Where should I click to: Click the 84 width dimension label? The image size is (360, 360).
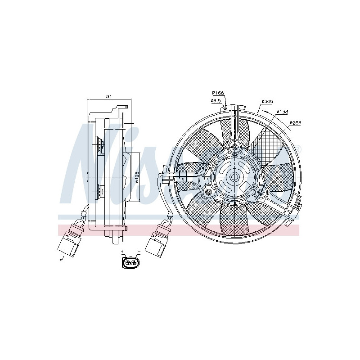coord(108,96)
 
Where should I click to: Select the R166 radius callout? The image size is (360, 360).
coord(218,93)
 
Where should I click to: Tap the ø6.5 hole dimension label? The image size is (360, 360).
coord(216,100)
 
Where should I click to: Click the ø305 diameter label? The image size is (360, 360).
coord(267,102)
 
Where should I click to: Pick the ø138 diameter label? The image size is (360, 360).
coord(282,111)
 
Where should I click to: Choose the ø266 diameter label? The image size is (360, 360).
coord(295,122)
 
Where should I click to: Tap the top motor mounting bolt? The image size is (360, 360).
coord(234,147)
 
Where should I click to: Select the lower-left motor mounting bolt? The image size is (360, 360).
coord(208,193)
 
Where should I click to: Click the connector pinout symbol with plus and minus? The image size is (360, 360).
coord(131,262)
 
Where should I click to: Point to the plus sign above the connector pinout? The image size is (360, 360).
coord(122,252)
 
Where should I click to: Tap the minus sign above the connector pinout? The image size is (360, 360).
coord(139,252)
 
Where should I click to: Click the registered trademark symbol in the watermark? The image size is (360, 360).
coord(297,148)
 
